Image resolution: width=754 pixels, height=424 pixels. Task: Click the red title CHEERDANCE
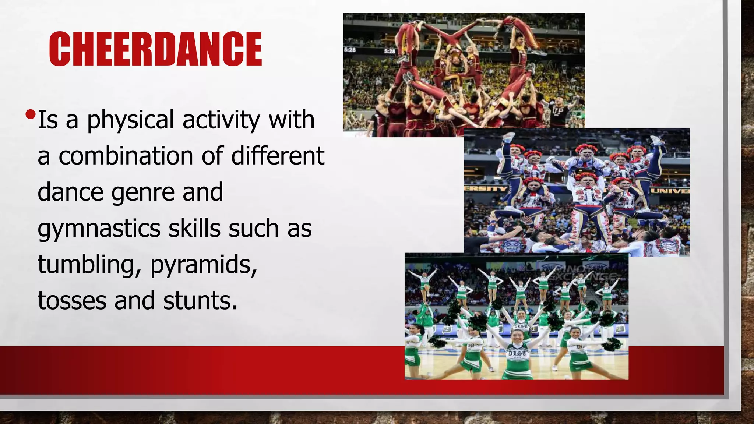pyautogui.click(x=155, y=49)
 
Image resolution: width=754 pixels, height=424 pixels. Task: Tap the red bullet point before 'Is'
pyautogui.click(x=31, y=114)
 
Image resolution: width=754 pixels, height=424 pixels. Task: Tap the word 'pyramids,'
pyautogui.click(x=204, y=265)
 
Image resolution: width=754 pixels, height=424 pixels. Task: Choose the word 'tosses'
pyautogui.click(x=72, y=300)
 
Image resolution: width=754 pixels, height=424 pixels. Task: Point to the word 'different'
pyautogui.click(x=278, y=156)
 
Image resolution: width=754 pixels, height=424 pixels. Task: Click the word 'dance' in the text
pyautogui.click(x=70, y=192)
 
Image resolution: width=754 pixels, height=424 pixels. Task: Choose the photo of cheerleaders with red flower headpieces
pyautogui.click(x=577, y=191)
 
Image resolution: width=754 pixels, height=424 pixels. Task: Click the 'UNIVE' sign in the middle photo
pyautogui.click(x=670, y=191)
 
